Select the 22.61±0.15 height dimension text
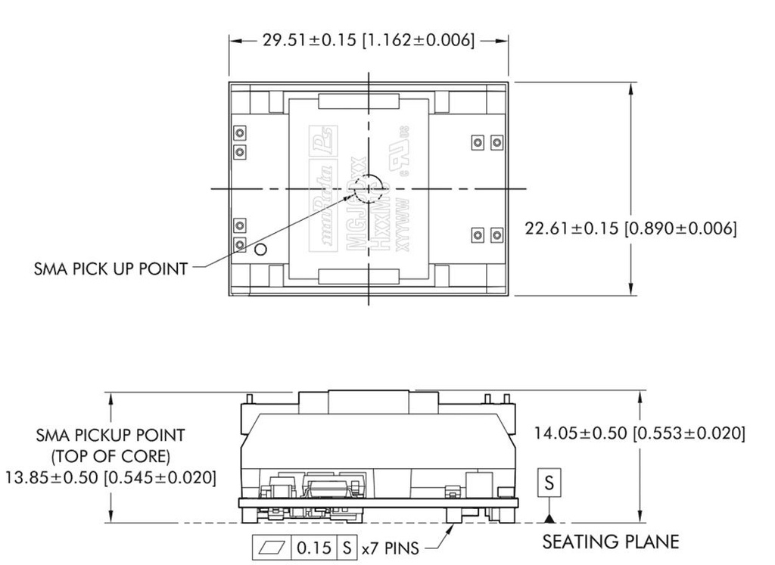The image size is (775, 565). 630,228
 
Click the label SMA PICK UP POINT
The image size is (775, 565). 110,269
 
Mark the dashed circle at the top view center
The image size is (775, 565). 369,188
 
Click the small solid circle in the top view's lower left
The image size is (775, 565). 260,250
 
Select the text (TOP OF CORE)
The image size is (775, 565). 110,457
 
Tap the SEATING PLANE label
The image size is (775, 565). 611,542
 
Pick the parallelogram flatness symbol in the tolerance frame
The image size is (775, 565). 270,548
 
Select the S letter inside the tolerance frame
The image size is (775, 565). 347,548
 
